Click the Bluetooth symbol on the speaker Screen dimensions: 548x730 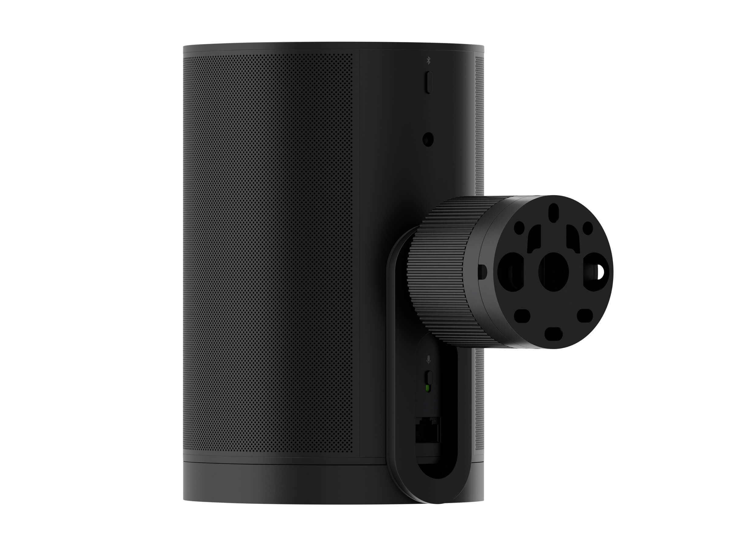(x=428, y=61)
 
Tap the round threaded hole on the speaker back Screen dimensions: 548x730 (x=428, y=139)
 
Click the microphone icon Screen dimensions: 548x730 (x=428, y=359)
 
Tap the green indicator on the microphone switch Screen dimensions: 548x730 (x=428, y=388)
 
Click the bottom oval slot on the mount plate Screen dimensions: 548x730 (x=554, y=333)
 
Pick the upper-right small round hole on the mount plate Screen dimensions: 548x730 (x=587, y=227)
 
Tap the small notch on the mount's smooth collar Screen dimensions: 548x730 (x=482, y=271)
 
